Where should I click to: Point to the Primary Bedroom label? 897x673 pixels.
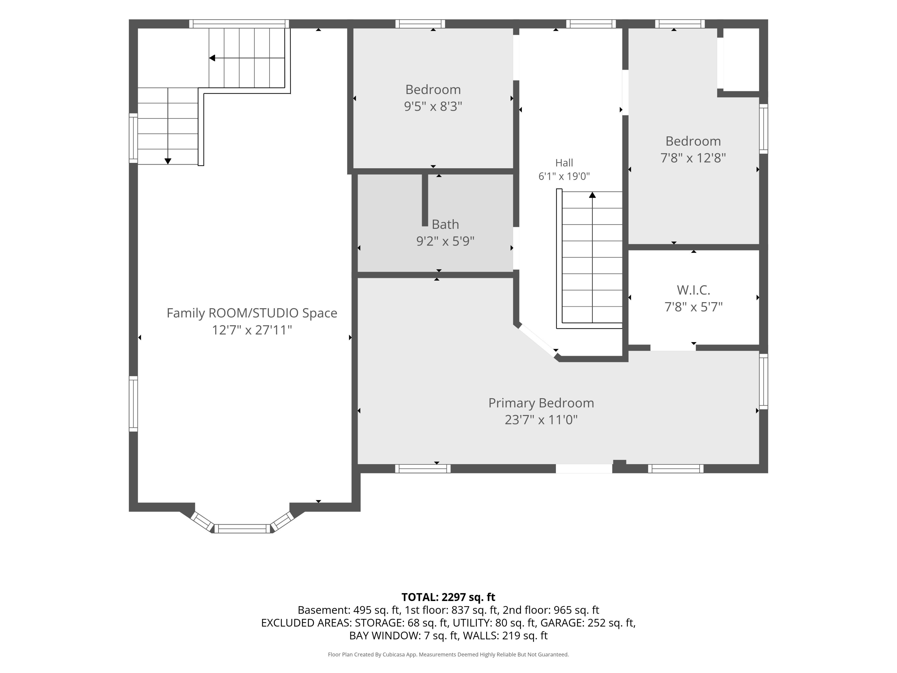point(541,403)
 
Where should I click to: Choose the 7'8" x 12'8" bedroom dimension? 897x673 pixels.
point(693,158)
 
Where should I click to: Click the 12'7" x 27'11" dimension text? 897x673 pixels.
point(252,330)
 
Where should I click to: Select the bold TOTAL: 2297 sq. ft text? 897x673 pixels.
point(448,597)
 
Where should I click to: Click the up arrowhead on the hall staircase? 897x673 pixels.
point(592,195)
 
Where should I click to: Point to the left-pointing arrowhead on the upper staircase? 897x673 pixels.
point(212,58)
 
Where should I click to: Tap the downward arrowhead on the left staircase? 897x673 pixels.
point(167,161)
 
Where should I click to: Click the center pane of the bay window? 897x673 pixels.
point(242,529)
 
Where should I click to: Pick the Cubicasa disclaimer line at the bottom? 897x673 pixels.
point(448,654)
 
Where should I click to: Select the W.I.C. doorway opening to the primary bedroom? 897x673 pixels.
point(673,348)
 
